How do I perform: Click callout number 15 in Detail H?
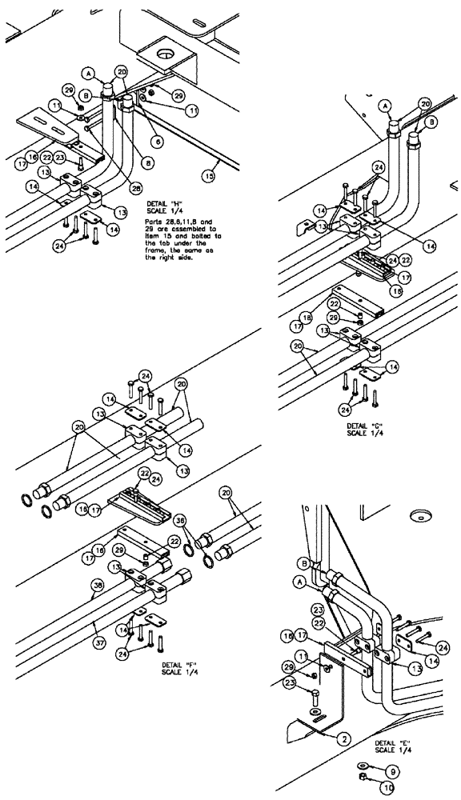pyautogui.click(x=210, y=174)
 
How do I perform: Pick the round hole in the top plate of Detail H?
pyautogui.click(x=166, y=54)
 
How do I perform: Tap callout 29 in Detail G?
pyautogui.click(x=336, y=319)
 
